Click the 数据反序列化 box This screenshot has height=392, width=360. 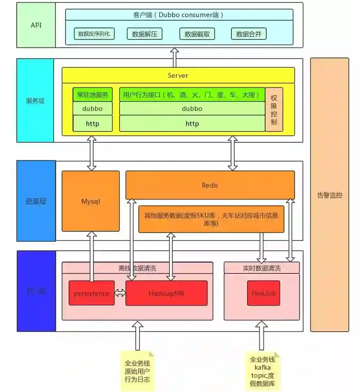coord(94,34)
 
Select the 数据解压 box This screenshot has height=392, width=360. coord(145,34)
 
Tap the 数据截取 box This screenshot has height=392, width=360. coord(197,34)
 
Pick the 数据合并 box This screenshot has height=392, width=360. coord(249,34)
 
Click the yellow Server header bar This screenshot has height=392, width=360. coord(178,75)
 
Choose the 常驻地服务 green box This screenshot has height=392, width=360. coord(93,95)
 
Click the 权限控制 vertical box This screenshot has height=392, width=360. coord(274,109)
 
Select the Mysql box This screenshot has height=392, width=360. coord(91,201)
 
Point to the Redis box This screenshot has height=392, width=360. coord(210,185)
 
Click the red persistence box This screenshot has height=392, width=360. coord(91,293)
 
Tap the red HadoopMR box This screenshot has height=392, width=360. coord(166,293)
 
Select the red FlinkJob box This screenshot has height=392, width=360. coord(263,293)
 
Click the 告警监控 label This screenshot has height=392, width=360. coord(329,195)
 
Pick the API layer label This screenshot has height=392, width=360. coord(36,25)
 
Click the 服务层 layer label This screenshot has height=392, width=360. coord(35,101)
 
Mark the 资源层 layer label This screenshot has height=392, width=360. coord(36,201)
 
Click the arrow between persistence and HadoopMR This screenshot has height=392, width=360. coord(120,293)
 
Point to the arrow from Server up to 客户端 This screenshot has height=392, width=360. coord(175,57)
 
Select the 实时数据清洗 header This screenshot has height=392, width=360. coord(262,268)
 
